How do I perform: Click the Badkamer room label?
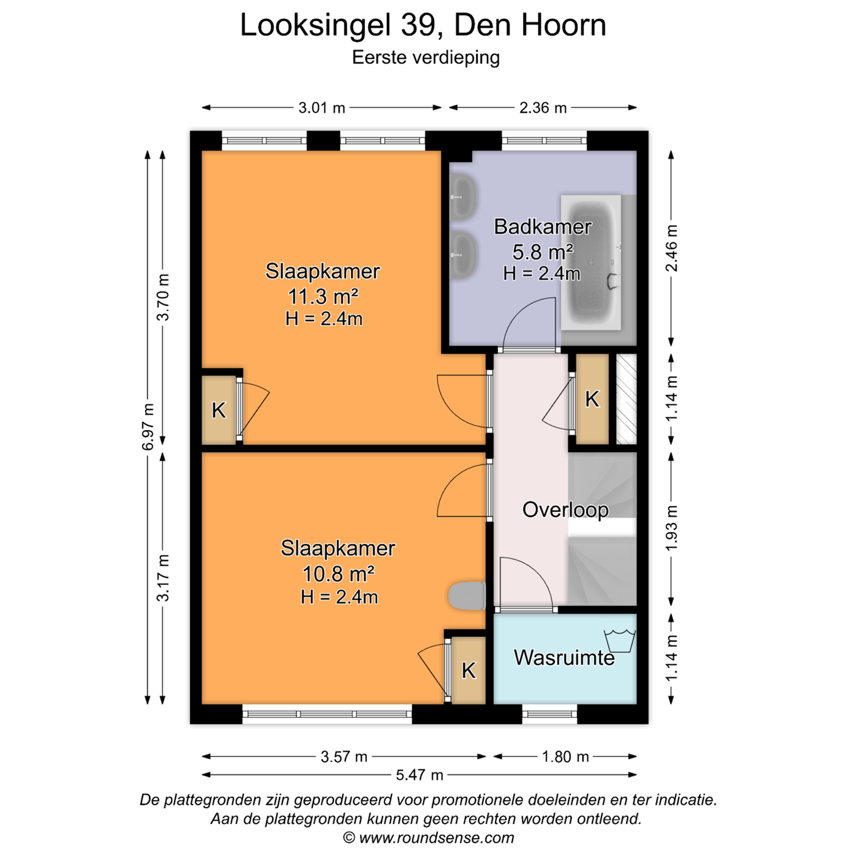(x=543, y=227)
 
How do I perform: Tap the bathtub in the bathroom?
(x=591, y=262)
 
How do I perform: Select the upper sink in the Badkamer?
(x=463, y=197)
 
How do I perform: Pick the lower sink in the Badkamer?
(x=463, y=255)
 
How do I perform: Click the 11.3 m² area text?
(x=323, y=296)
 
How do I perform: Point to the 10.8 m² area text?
(x=338, y=574)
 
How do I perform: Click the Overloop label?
(x=565, y=509)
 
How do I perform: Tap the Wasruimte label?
(x=565, y=657)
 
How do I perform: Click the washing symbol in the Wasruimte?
(x=620, y=641)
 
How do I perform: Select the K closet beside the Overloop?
(x=593, y=399)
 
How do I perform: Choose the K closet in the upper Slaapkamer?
(x=218, y=410)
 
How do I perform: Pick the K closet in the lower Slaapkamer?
(x=468, y=670)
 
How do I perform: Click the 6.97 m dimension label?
(x=148, y=427)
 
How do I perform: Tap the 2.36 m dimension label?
(x=543, y=107)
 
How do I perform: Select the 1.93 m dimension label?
(x=672, y=528)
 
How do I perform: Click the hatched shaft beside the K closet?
(x=626, y=399)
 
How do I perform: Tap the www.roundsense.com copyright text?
(x=436, y=838)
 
